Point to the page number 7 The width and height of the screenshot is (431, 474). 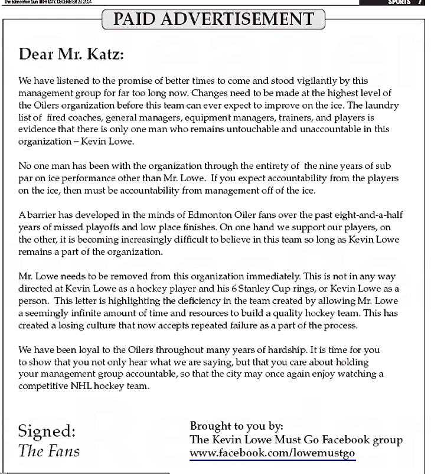[420, 2]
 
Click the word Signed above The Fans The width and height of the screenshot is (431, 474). [47, 431]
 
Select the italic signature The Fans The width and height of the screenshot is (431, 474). [48, 452]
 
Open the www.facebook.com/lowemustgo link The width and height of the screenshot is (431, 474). [272, 453]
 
